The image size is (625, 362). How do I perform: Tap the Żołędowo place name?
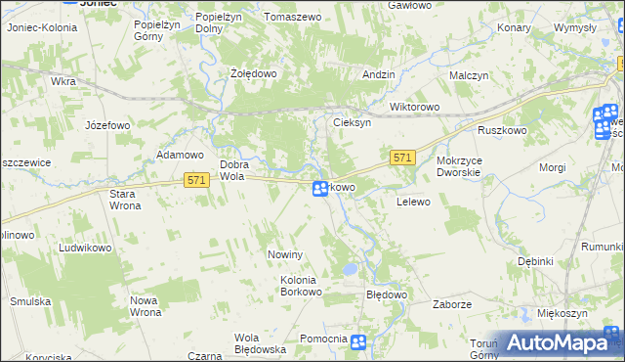click(255, 73)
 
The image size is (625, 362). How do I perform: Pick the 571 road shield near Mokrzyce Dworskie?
click(404, 158)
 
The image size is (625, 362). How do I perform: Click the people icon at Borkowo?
click(320, 188)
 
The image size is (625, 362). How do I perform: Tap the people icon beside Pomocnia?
click(359, 340)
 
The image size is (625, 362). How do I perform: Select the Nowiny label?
click(287, 254)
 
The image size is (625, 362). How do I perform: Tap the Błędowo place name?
click(386, 294)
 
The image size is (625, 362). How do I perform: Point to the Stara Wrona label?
click(124, 200)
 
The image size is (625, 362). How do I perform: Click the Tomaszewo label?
click(292, 18)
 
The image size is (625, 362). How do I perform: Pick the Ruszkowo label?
click(502, 130)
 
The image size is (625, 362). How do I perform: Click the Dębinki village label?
click(536, 261)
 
